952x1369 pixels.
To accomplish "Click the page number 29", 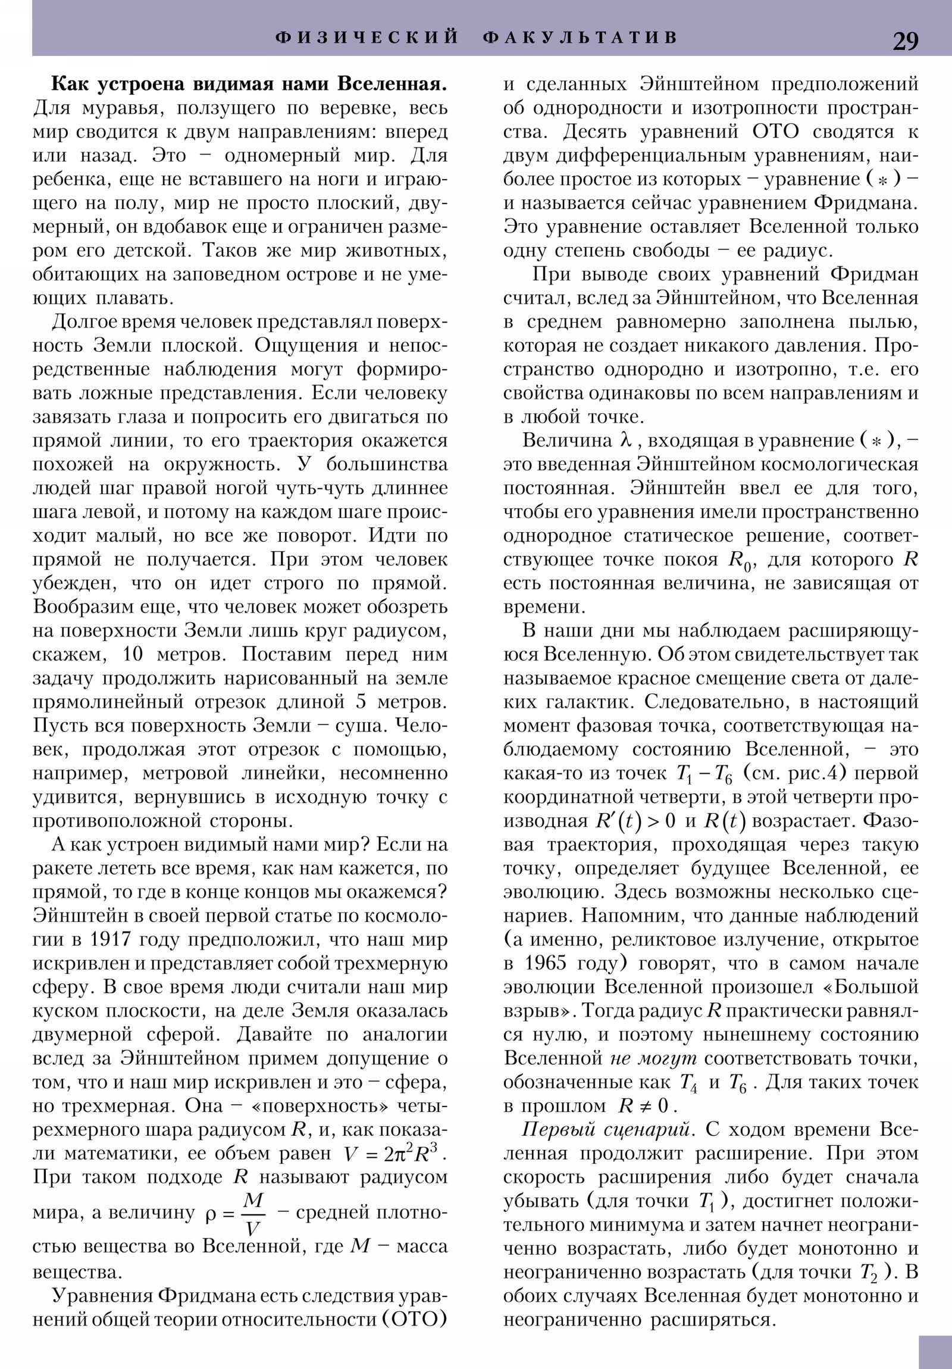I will click(906, 41).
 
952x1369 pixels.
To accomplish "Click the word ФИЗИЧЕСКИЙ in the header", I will click(367, 37).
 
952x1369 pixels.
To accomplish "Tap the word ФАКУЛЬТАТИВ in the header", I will click(581, 37).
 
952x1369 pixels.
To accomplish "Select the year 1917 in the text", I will click(110, 940).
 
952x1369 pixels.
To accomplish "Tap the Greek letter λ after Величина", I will click(625, 440).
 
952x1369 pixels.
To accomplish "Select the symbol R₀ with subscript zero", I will click(739, 561).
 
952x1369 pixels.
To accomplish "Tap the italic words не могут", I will click(654, 1059).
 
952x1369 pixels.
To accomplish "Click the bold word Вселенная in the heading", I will click(392, 84).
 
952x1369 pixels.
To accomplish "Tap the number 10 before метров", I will click(131, 655).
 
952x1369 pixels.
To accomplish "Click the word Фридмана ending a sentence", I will click(865, 204).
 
